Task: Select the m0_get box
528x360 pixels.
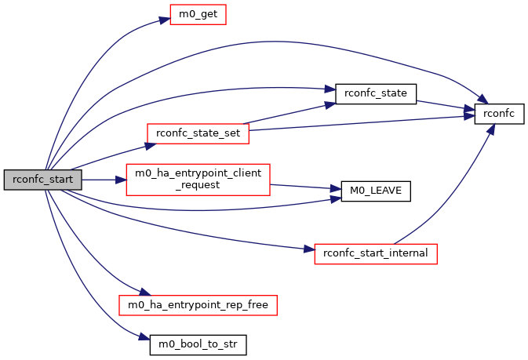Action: tap(198, 14)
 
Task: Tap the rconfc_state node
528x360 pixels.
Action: tap(375, 93)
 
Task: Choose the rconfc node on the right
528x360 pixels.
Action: tap(498, 114)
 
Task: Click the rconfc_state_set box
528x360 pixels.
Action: tap(198, 133)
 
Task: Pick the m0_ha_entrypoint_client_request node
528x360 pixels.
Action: tap(198, 180)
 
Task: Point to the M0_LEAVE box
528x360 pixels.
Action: tap(375, 191)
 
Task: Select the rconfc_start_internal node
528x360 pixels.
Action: tap(375, 253)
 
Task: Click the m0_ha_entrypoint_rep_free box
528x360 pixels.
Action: tap(198, 303)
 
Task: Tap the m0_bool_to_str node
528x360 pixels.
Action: tap(198, 343)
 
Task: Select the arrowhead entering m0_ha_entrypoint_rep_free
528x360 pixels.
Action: tap(134, 293)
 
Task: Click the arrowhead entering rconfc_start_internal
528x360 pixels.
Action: tap(310, 250)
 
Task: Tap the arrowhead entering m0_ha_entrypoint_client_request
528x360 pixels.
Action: tap(122, 180)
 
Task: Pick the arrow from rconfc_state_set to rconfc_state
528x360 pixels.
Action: tap(290, 114)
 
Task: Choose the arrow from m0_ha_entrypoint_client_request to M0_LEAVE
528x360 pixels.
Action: tap(305, 187)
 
